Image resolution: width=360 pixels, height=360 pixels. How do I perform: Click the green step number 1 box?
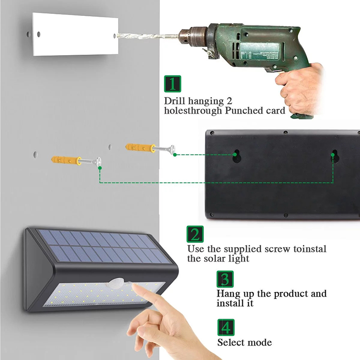coord(172,84)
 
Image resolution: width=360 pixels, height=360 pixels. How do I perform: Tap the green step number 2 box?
coord(195,234)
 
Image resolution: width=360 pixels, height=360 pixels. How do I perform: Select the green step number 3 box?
coord(225,279)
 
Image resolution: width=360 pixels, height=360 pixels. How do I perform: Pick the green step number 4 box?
coord(226,327)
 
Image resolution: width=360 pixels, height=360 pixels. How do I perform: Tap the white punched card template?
coord(75,35)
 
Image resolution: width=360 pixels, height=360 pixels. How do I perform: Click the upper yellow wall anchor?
coord(140,147)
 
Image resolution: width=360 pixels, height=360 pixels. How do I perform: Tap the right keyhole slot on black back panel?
coord(334,156)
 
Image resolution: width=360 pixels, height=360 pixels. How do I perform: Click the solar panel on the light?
coord(103,246)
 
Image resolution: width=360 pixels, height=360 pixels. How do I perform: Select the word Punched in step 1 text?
coord(244,110)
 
